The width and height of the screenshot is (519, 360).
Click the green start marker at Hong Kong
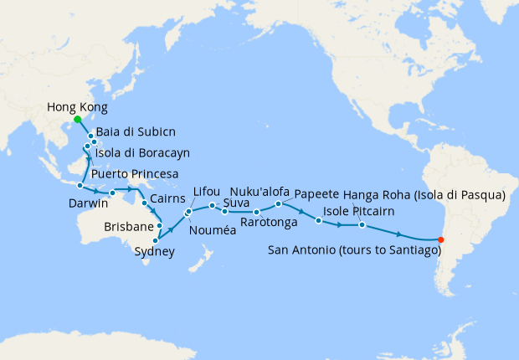point(78,120)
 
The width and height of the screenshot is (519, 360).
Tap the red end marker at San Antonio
point(441,241)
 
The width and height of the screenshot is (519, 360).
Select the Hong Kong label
point(77,106)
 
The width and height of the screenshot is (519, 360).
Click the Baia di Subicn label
point(131,132)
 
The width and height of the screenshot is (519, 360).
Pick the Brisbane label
point(129,227)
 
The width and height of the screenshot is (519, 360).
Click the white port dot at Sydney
point(157,240)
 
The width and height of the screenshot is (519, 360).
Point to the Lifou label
point(206,192)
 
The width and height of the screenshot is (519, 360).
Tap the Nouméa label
point(213,230)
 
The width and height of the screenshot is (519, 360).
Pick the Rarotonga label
point(266,223)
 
